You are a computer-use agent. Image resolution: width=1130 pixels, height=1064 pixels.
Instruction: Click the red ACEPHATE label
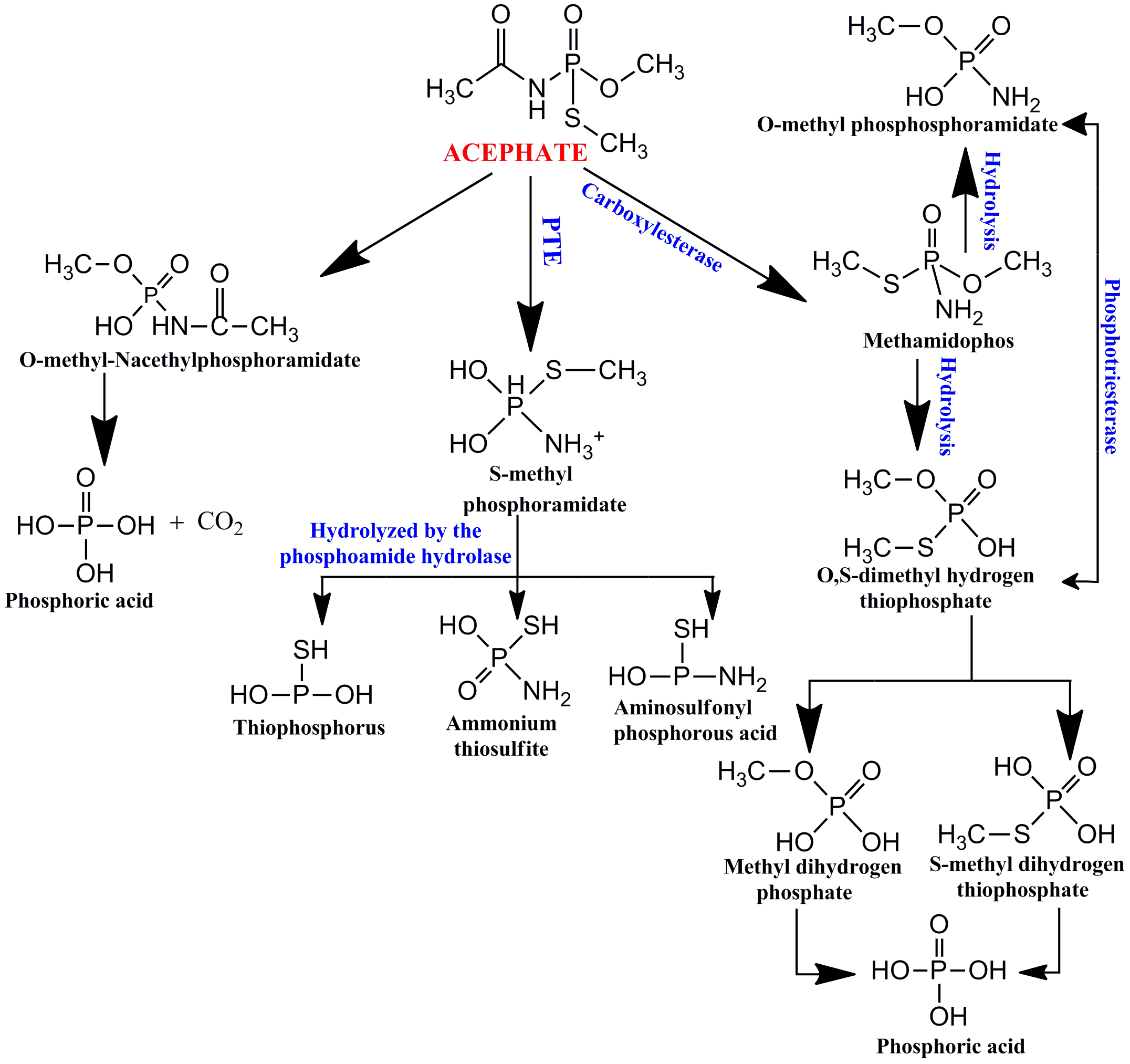click(x=515, y=153)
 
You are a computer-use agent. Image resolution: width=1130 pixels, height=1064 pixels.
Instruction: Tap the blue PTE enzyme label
click(x=551, y=241)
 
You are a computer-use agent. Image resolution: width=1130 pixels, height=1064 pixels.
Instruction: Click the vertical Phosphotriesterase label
click(x=1111, y=366)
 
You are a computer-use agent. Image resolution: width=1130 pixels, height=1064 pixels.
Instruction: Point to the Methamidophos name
click(x=938, y=341)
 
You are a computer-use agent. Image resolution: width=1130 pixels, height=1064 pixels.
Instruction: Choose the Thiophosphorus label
click(x=309, y=727)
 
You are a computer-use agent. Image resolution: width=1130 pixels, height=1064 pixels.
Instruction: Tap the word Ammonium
click(x=501, y=723)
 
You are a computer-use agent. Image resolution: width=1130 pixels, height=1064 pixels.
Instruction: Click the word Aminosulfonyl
click(x=683, y=707)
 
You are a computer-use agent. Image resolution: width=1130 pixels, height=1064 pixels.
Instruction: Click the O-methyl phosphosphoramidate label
click(x=907, y=124)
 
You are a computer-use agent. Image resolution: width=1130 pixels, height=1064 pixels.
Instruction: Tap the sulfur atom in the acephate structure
click(x=572, y=118)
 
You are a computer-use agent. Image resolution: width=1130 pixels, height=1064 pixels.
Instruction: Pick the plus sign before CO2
click(x=177, y=523)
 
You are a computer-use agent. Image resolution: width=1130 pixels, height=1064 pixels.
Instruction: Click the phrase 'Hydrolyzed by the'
click(x=395, y=530)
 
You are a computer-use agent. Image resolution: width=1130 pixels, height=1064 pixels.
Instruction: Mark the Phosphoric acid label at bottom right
click(x=950, y=1046)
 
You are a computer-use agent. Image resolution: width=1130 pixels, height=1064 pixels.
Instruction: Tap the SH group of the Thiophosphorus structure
click(x=310, y=650)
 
